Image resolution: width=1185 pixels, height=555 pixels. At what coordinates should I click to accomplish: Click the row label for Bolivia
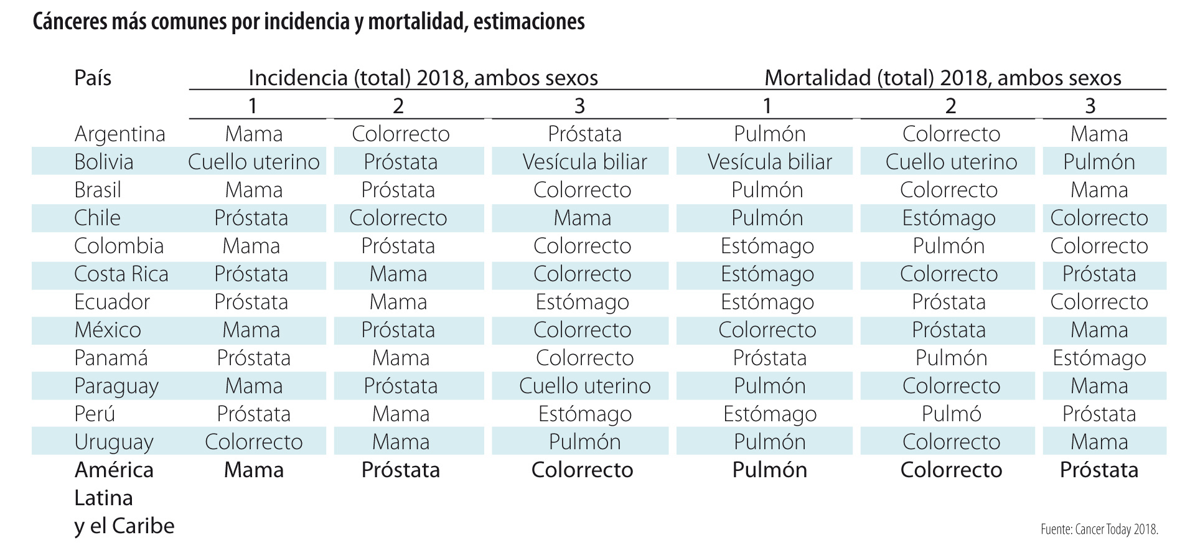click(x=103, y=162)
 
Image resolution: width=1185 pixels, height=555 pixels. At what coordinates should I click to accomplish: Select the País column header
click(x=93, y=78)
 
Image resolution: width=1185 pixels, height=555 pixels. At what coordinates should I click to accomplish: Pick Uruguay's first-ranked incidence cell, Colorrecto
click(x=253, y=442)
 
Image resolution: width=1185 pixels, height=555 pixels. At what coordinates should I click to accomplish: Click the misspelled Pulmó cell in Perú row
click(x=951, y=414)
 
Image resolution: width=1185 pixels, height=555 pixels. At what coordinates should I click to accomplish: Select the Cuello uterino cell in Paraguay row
click(x=584, y=386)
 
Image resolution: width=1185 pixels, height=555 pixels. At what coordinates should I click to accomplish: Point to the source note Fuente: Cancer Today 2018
click(x=1098, y=529)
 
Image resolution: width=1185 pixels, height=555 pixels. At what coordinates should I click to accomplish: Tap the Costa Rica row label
click(x=121, y=274)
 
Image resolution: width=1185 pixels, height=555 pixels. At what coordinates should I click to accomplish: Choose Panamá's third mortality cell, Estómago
click(x=1098, y=358)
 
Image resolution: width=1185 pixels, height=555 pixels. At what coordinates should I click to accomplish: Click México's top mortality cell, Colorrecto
click(x=767, y=330)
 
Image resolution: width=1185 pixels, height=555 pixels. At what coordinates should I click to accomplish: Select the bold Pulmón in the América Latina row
click(x=769, y=470)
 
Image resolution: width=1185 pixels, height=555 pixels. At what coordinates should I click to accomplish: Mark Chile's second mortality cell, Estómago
click(x=948, y=218)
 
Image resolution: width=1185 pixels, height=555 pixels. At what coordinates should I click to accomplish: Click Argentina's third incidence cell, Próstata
click(x=584, y=134)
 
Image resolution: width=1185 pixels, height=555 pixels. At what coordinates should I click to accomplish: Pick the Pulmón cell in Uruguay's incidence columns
click(x=584, y=442)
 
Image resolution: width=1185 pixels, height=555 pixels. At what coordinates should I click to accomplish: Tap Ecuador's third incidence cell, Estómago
click(x=582, y=302)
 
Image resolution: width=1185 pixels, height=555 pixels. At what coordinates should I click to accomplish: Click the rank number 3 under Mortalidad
click(x=1090, y=106)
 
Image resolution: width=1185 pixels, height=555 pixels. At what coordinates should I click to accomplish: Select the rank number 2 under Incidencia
click(x=398, y=106)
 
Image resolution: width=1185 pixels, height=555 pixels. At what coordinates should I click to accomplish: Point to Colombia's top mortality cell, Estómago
click(x=767, y=246)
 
